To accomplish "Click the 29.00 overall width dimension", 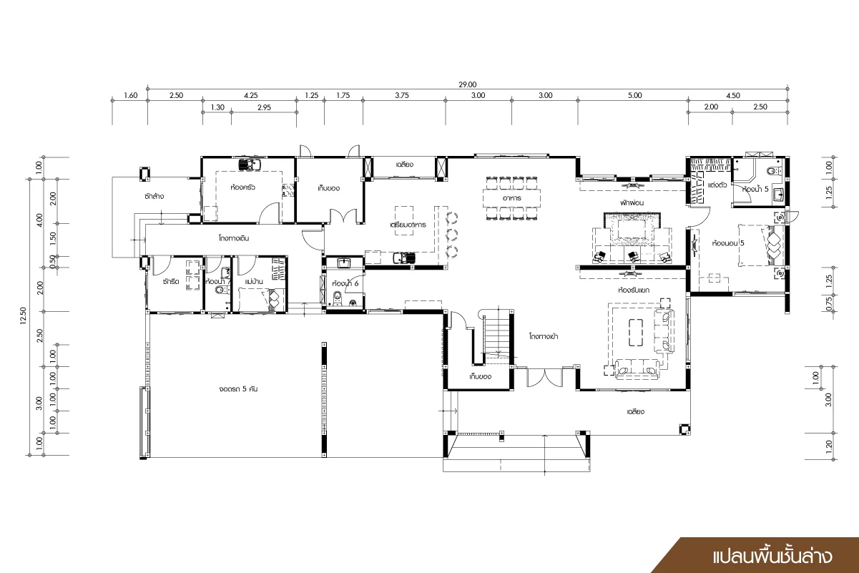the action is coord(468,84).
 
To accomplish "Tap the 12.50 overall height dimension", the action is coord(24,315).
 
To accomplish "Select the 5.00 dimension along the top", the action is coord(635,95).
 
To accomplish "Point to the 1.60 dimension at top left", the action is coord(130,95).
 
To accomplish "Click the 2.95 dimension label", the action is coord(264,107).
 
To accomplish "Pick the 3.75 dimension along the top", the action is coord(402,95).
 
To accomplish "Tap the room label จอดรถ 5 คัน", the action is coord(238,389).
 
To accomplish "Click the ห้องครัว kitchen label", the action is coord(242,187).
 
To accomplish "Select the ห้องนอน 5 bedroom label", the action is coord(728,243).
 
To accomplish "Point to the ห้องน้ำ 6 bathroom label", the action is coord(345,283).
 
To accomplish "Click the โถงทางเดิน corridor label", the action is coord(234,238).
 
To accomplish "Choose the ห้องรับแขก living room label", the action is coord(634,290).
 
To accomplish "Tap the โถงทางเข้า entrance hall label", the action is coord(544,336).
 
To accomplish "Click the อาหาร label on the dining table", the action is coord(512,198).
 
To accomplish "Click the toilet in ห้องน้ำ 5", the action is coord(775,171).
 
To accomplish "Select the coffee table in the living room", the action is coord(635,333).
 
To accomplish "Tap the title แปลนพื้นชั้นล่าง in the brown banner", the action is coord(772,557).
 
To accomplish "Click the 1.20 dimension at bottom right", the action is coord(828,445).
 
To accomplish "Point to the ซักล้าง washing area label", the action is coord(154,196).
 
